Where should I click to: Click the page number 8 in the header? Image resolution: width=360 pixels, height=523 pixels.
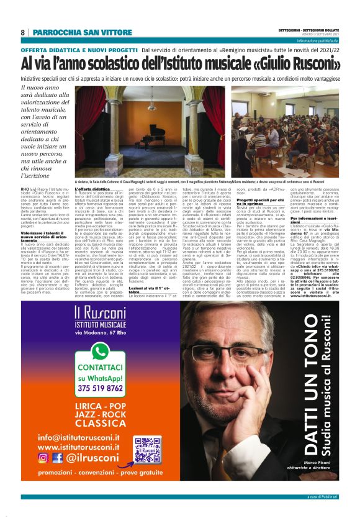click(23, 32)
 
